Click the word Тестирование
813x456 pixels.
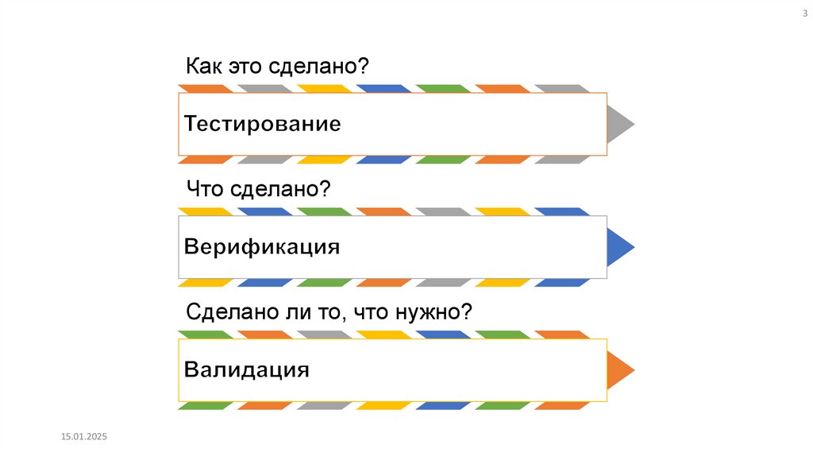tap(263, 125)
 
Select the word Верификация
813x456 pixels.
tap(262, 246)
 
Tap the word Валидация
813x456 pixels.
tap(246, 369)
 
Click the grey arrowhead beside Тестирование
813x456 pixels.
tap(620, 125)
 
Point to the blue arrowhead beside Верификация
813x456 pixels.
tap(620, 247)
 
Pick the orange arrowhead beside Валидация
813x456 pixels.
tap(620, 369)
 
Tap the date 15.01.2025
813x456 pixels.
tap(83, 437)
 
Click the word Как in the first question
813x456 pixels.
tap(202, 66)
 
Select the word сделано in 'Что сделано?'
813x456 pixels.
tap(276, 189)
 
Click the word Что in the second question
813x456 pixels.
tap(206, 189)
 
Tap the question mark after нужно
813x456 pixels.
tap(468, 311)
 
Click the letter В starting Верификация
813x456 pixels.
tap(191, 246)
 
